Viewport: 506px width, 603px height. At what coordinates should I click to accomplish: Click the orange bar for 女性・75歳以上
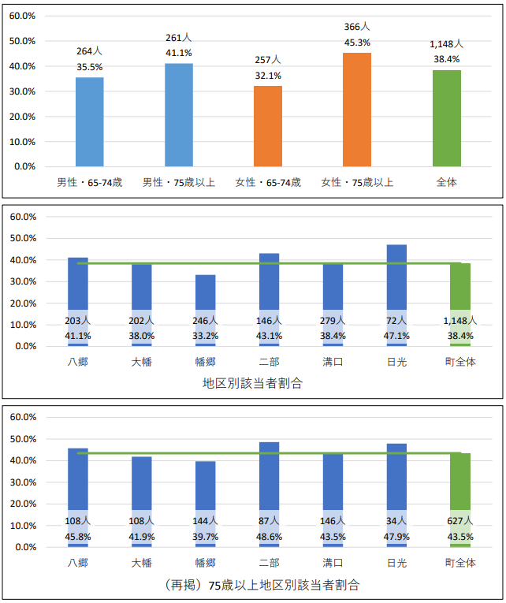click(x=357, y=110)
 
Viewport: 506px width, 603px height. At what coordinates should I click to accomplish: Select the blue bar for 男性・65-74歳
click(x=90, y=121)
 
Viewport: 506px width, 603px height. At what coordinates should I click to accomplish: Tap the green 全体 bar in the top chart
click(x=447, y=118)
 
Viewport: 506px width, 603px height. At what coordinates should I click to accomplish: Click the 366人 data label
click(x=357, y=27)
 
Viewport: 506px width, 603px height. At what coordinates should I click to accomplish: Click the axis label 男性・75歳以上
click(x=179, y=183)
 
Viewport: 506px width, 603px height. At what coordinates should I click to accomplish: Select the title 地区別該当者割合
click(x=252, y=384)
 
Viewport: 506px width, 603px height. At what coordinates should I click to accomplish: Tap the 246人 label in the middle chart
click(x=206, y=321)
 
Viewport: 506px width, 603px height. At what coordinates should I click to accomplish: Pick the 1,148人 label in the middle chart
click(x=460, y=321)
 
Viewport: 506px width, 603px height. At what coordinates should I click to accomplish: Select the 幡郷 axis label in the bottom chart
click(x=206, y=563)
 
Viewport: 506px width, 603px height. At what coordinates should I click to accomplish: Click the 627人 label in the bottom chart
click(x=460, y=521)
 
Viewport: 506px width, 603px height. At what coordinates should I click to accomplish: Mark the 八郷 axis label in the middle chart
click(x=78, y=363)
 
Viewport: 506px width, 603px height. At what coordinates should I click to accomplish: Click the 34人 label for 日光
click(x=397, y=521)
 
